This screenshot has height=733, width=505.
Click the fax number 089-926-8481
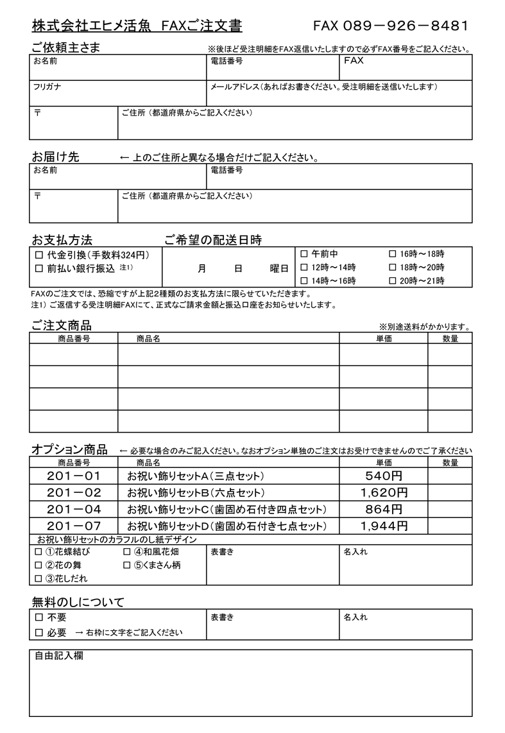pyautogui.click(x=390, y=26)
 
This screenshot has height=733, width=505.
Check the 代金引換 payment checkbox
pyautogui.click(x=39, y=255)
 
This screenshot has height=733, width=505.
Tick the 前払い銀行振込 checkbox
pyautogui.click(x=39, y=268)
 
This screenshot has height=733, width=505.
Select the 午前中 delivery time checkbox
pyautogui.click(x=304, y=254)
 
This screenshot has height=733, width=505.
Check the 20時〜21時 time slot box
pyautogui.click(x=393, y=280)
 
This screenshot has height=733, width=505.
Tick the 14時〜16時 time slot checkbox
pyautogui.click(x=304, y=280)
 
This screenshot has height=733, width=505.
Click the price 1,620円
pyautogui.click(x=384, y=493)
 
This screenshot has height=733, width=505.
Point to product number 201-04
pyautogui.click(x=74, y=510)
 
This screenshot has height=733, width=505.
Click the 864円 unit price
pyautogui.click(x=384, y=510)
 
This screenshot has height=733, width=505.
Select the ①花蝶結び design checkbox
pyautogui.click(x=38, y=552)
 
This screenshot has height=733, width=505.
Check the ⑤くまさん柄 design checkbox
pyautogui.click(x=126, y=565)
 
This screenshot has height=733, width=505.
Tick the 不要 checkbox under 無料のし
pyautogui.click(x=39, y=617)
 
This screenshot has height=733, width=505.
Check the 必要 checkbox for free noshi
pyautogui.click(x=39, y=633)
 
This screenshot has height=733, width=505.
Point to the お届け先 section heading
pyautogui.click(x=55, y=157)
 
